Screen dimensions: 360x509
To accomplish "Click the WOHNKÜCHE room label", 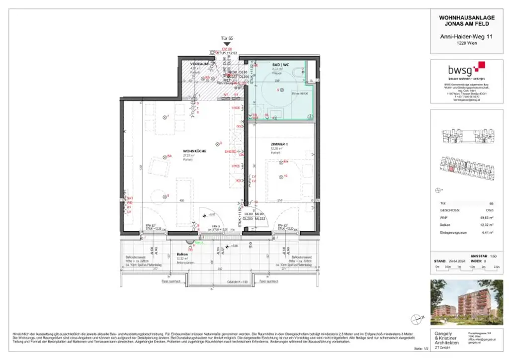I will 194,151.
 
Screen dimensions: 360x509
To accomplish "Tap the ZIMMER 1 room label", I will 279,144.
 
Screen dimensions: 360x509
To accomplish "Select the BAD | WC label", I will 281,65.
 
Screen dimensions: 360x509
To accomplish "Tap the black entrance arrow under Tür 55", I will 227,44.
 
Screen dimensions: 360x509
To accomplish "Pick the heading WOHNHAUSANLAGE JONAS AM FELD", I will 467,20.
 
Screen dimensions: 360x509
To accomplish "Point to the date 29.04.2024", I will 454,260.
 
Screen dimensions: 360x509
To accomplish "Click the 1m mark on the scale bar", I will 458,267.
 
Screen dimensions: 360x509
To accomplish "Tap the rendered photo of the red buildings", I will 467,301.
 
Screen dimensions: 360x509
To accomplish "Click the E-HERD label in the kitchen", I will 230,151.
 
